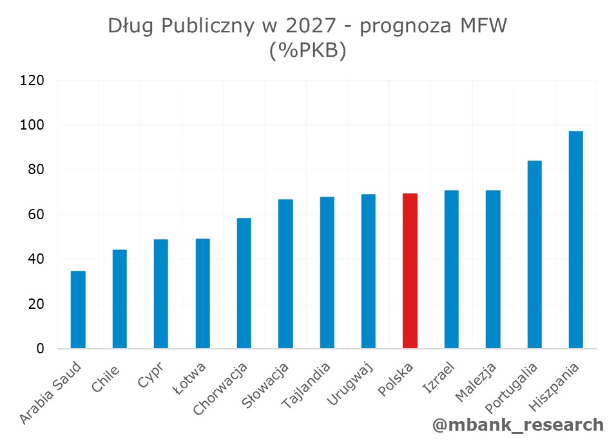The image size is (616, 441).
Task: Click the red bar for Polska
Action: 410,271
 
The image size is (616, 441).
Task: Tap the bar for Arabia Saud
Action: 78,309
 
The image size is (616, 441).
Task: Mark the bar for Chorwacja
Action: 244,284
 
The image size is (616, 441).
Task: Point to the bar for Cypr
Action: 160,294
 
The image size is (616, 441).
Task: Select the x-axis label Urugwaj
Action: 352,384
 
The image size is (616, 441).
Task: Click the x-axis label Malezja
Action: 477,382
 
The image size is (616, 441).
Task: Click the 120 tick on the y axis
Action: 32,81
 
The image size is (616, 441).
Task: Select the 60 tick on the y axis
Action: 36,215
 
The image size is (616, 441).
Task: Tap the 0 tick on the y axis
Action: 41,349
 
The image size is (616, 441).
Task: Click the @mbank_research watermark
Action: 517,425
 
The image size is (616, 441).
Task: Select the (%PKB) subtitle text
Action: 307,51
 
